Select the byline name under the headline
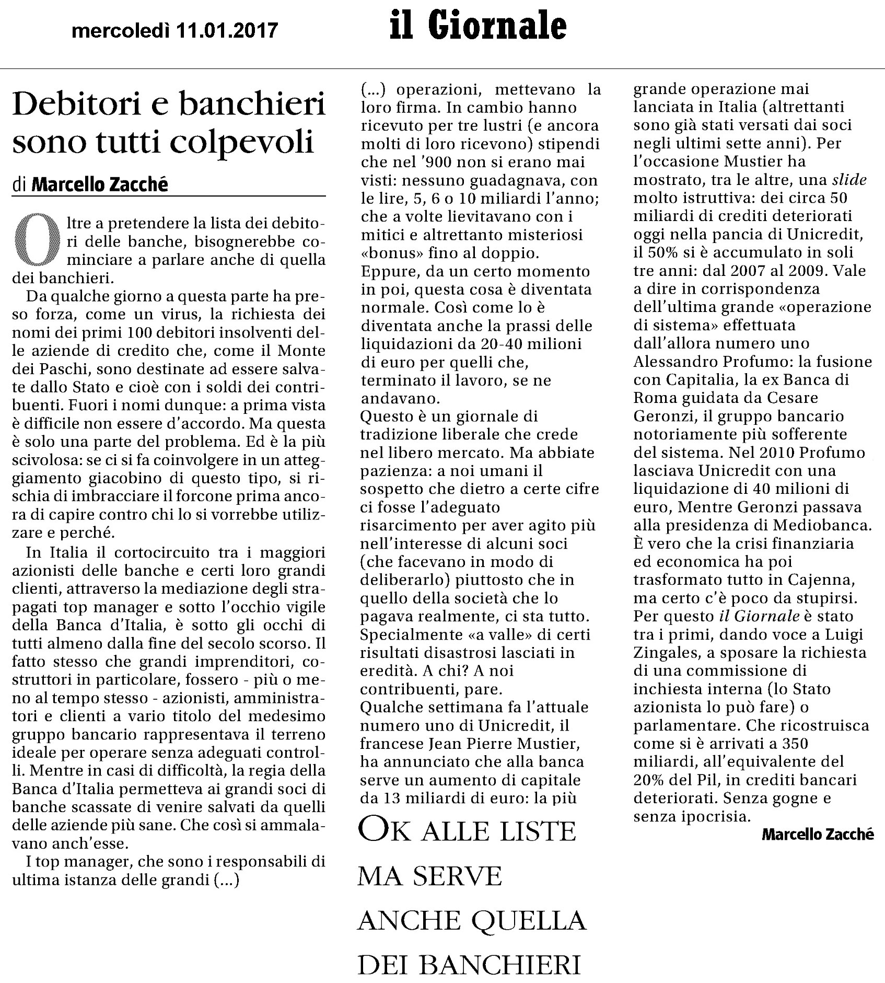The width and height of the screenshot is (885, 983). (100, 184)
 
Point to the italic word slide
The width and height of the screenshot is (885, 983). (849, 180)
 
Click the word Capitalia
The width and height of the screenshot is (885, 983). (704, 380)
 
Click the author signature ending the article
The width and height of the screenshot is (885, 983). (818, 834)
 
